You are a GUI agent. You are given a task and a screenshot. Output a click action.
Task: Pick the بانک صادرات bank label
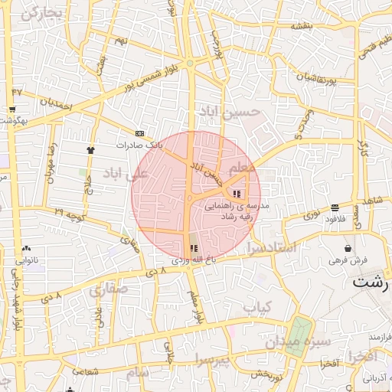tap(140, 144)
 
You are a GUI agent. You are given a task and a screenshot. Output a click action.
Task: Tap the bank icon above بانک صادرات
tap(139, 132)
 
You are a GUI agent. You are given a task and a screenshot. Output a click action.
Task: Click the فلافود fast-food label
tap(335, 220)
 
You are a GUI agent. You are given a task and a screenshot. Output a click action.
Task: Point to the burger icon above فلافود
tap(335, 208)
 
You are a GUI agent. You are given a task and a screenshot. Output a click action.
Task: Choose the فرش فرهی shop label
tap(349, 260)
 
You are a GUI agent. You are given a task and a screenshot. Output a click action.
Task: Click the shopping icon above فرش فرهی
tap(349, 248)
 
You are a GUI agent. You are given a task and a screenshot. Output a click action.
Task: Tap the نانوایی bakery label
tap(28, 260)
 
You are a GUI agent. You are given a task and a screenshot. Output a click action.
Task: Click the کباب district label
tap(257, 307)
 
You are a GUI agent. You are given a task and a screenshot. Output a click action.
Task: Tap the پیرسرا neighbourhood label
tap(211, 358)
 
